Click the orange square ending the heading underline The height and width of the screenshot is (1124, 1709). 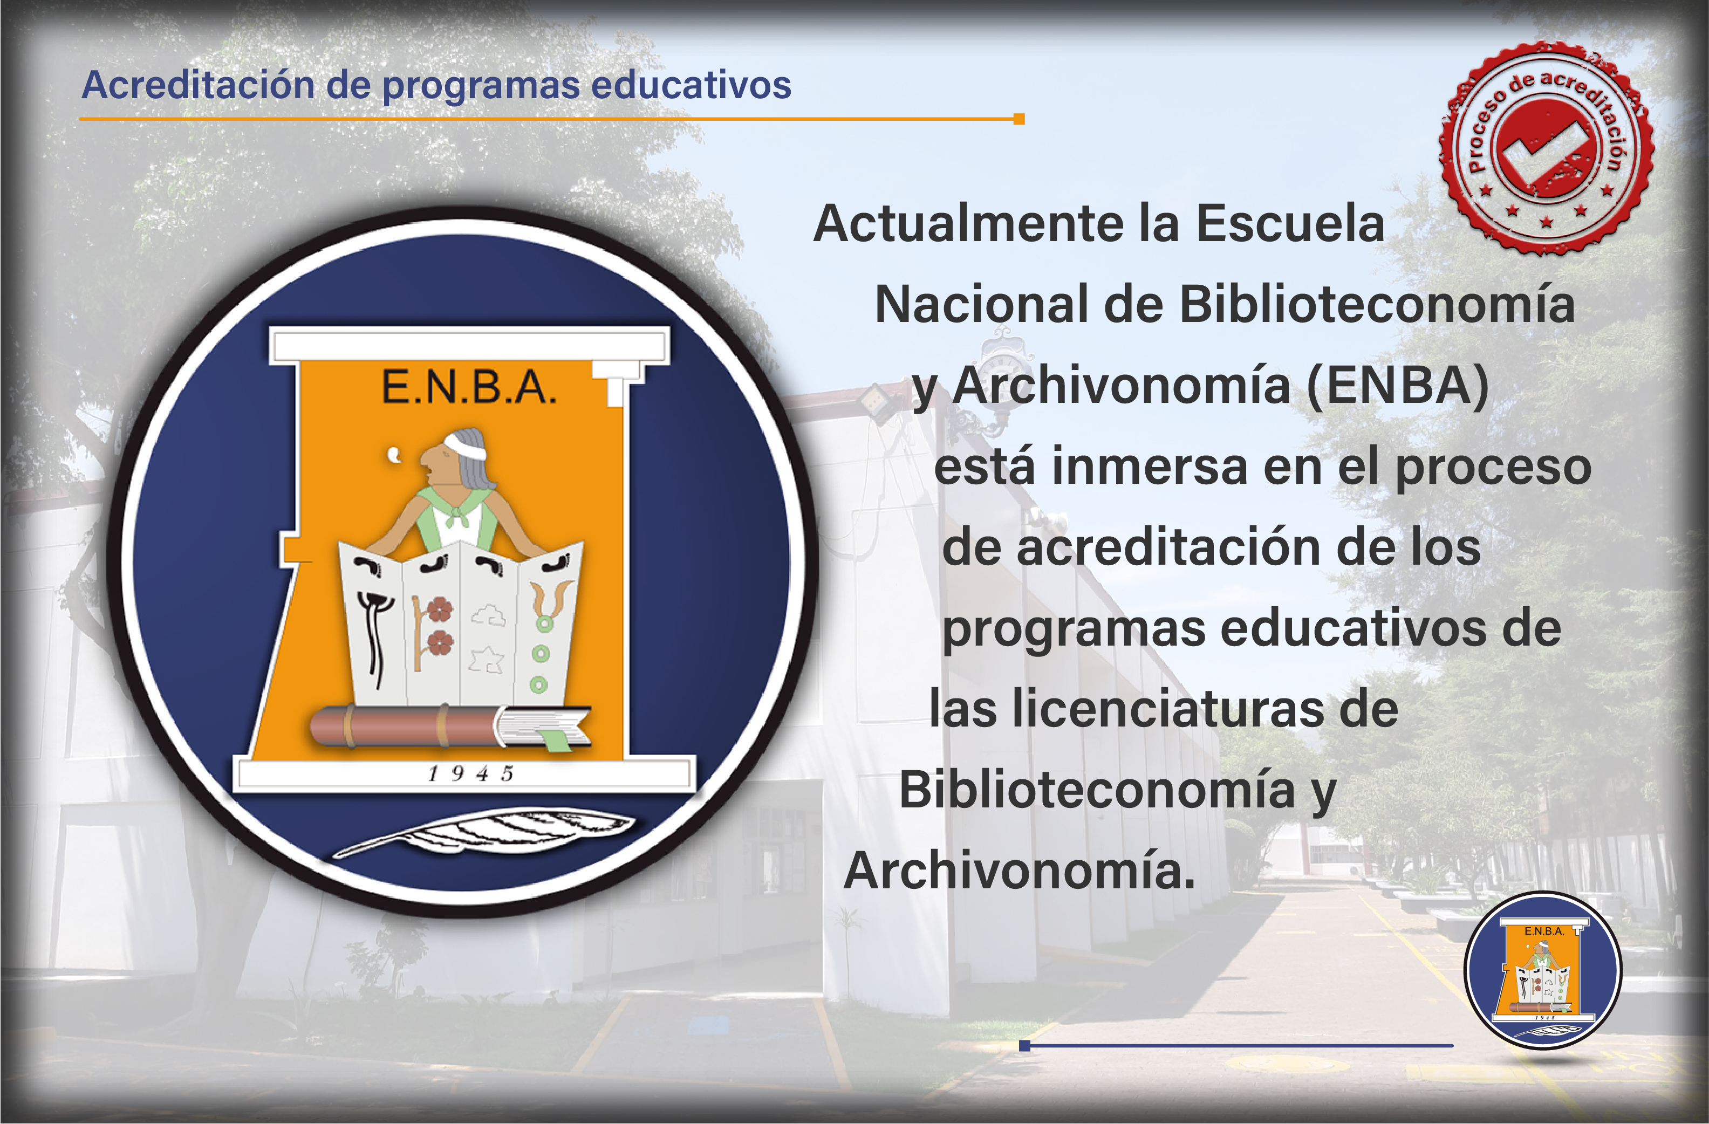click(1019, 119)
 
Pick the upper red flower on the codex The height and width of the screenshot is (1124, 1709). click(440, 610)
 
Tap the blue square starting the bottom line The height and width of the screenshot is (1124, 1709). click(1024, 1046)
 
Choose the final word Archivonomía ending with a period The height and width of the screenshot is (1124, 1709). click(1020, 871)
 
